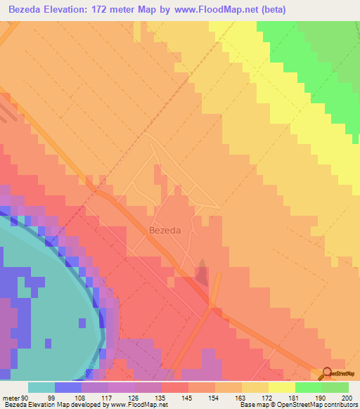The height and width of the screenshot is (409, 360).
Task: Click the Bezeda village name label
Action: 165,230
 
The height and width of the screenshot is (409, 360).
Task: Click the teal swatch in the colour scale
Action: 41,387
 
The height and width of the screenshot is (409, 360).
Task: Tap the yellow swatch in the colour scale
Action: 281,387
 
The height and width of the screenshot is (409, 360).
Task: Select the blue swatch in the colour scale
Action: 67,387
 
